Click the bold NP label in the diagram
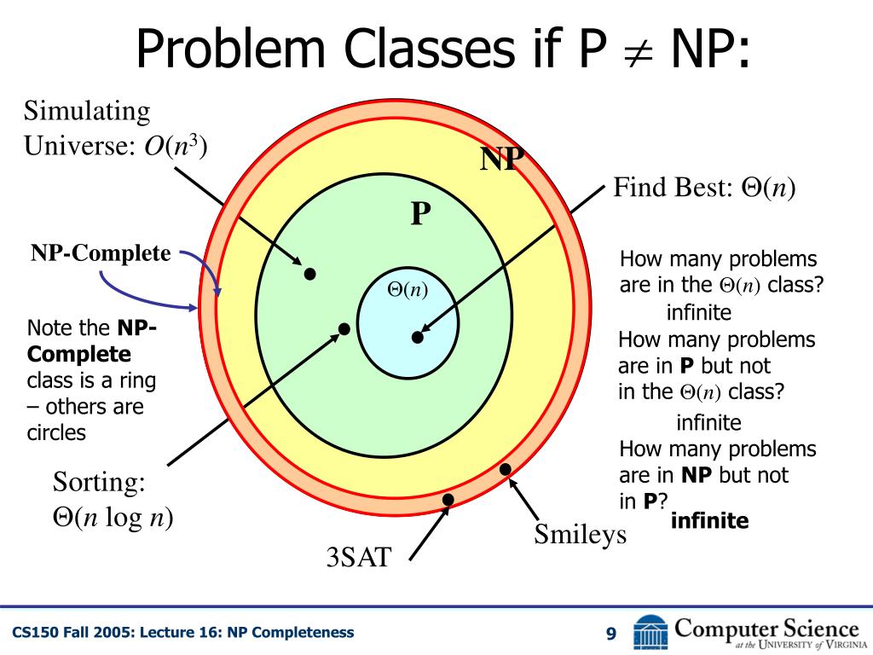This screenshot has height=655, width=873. pyautogui.click(x=501, y=159)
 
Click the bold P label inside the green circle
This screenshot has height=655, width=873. pyautogui.click(x=419, y=213)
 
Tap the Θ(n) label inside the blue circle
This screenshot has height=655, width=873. pyautogui.click(x=408, y=290)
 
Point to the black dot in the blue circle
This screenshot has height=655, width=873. pyautogui.click(x=418, y=338)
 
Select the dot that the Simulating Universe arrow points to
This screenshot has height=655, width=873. pyautogui.click(x=310, y=274)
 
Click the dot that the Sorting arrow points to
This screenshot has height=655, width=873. pyautogui.click(x=344, y=329)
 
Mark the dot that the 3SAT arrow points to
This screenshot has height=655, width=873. pyautogui.click(x=448, y=500)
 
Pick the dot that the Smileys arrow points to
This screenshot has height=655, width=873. pyautogui.click(x=506, y=469)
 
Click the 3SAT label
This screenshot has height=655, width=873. pyautogui.click(x=358, y=558)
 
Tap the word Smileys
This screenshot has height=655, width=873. pyautogui.click(x=580, y=535)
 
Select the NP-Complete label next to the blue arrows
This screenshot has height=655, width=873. pyautogui.click(x=101, y=253)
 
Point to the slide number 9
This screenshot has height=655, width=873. pyautogui.click(x=610, y=633)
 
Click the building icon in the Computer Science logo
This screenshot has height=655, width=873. pyautogui.click(x=651, y=632)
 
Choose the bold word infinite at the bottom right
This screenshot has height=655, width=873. pyautogui.click(x=709, y=520)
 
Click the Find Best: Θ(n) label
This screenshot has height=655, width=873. pyautogui.click(x=704, y=188)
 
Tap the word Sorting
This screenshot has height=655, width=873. pyautogui.click(x=99, y=483)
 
